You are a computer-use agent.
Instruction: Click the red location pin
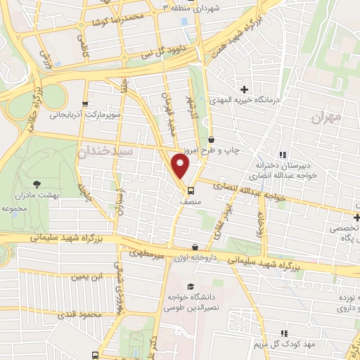[181, 166]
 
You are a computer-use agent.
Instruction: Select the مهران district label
[326, 116]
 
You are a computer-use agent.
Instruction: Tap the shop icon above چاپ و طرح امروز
[212, 140]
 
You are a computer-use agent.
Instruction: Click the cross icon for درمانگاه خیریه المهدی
[245, 89]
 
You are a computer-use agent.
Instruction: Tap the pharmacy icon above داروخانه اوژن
[195, 247]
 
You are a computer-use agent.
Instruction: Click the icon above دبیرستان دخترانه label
[283, 155]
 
